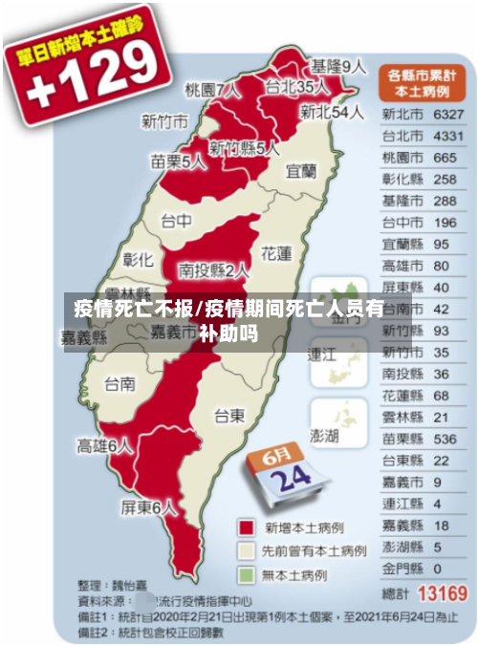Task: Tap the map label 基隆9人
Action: [338, 67]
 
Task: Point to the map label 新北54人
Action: [332, 112]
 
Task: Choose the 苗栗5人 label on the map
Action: [178, 161]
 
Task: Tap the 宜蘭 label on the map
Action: [301, 171]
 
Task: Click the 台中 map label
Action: [175, 222]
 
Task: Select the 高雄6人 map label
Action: [105, 445]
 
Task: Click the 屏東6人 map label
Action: [149, 508]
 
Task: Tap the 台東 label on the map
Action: [229, 415]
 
